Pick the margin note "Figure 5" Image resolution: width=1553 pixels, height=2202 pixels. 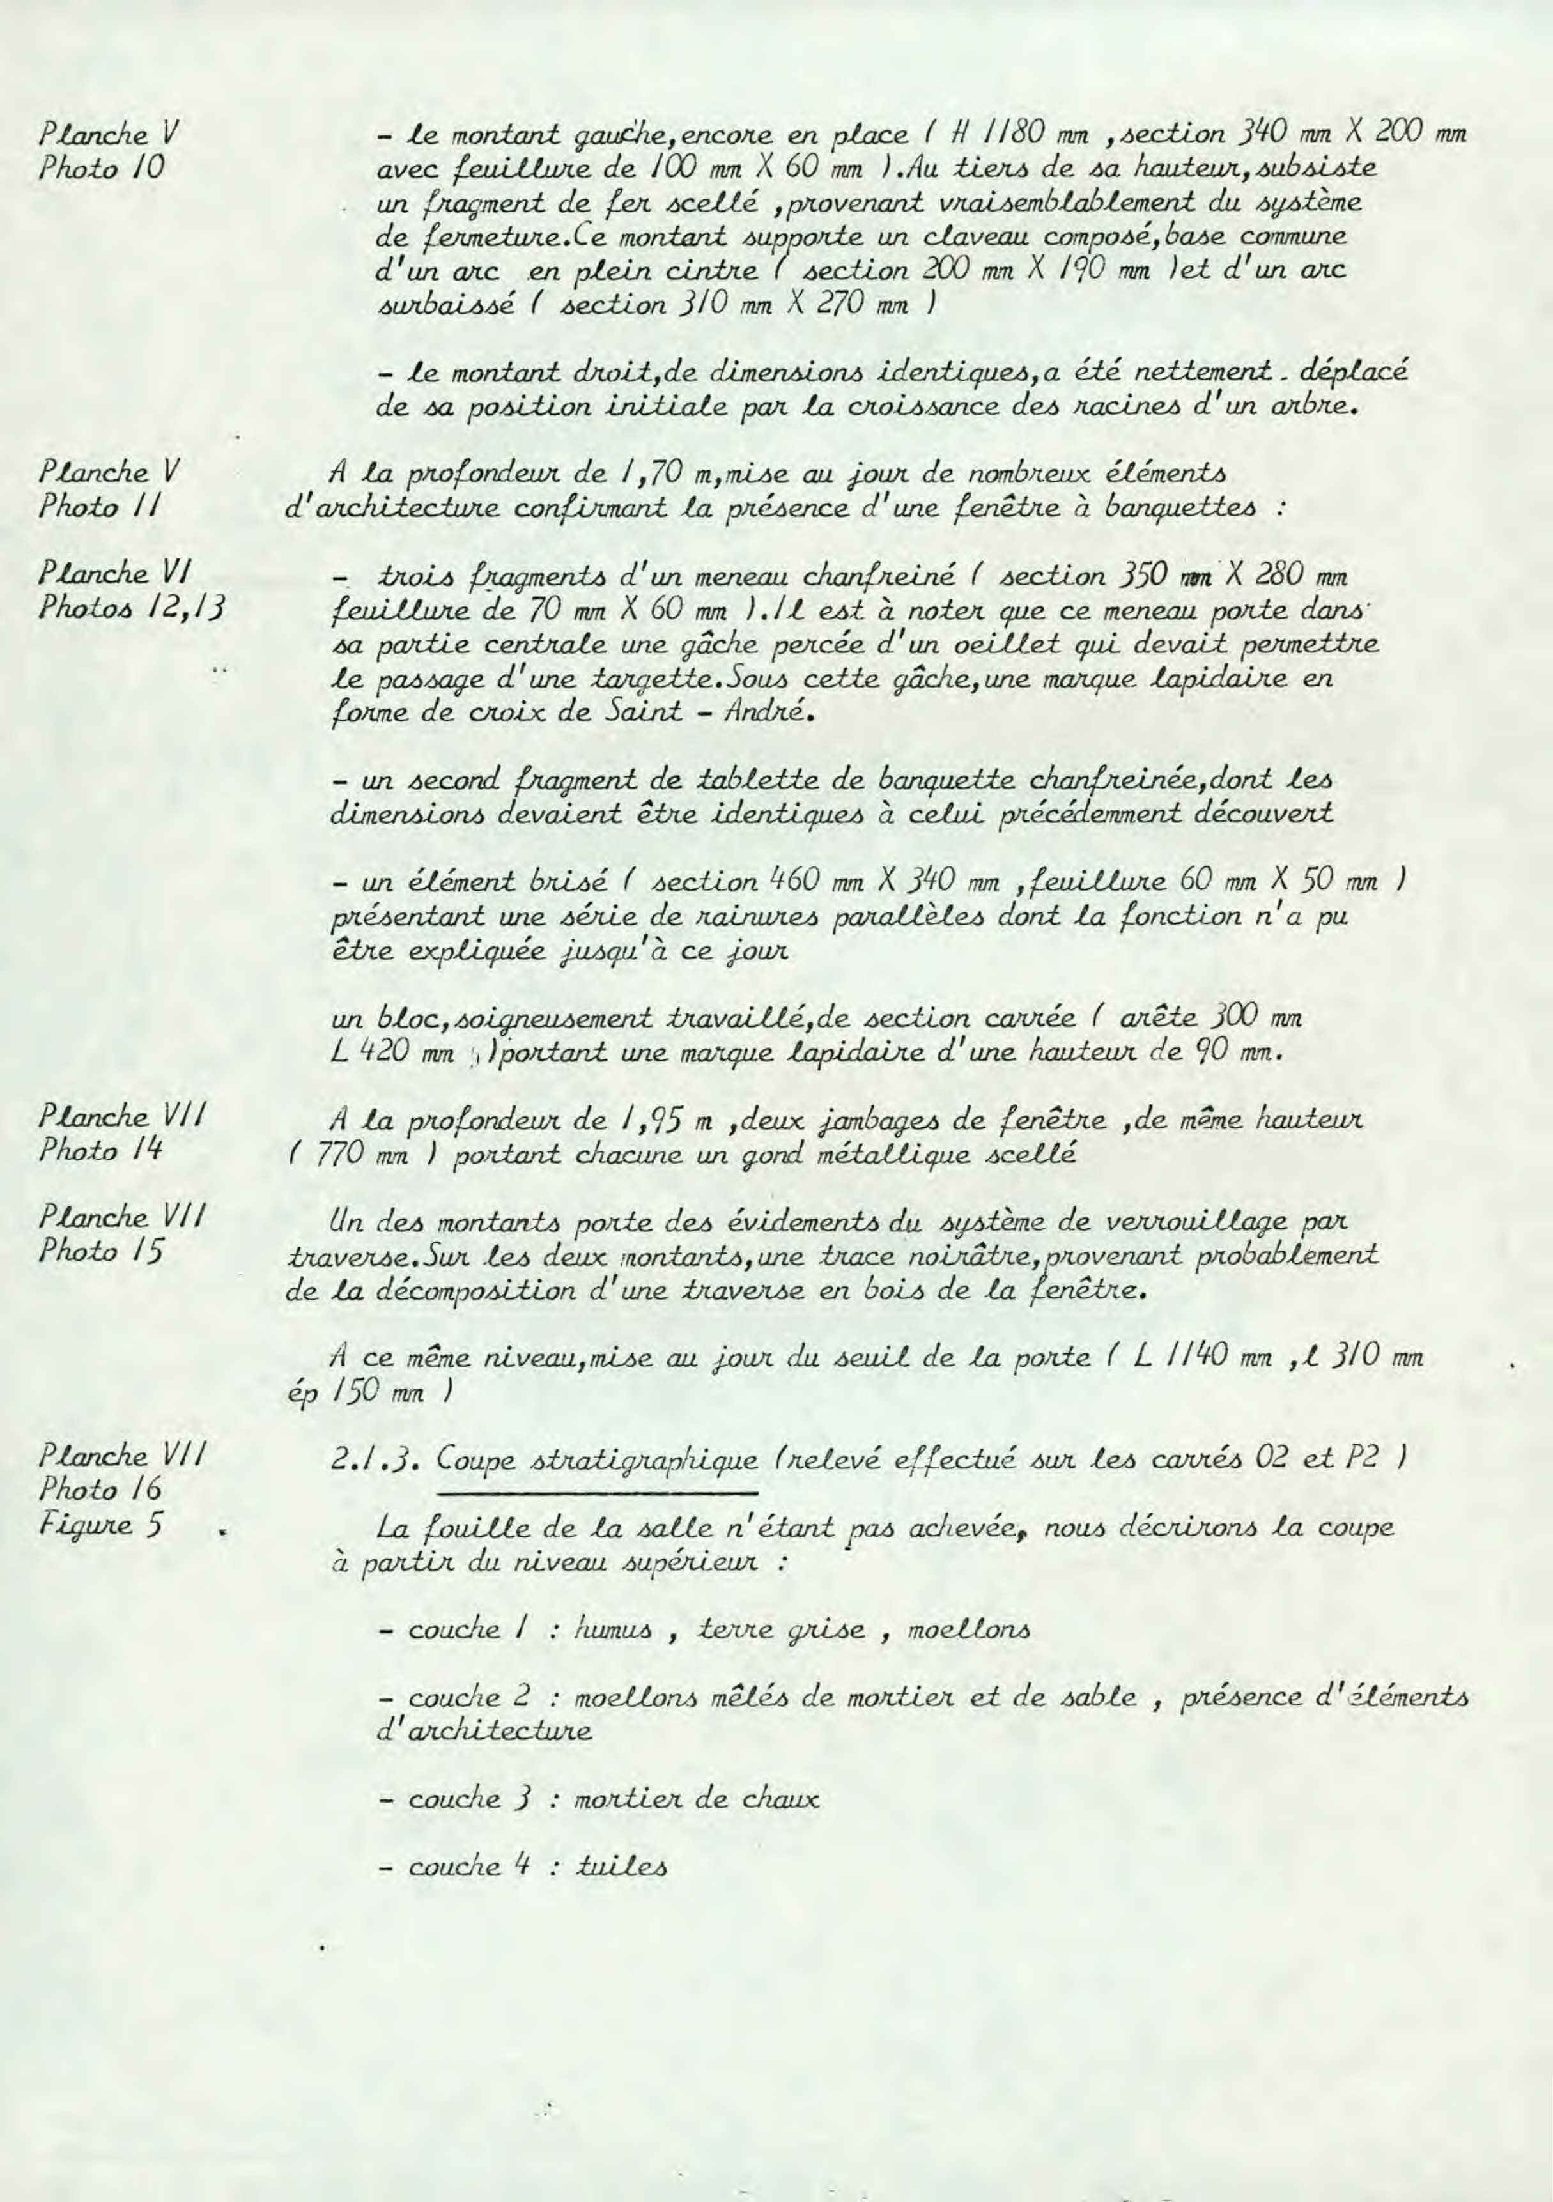[100, 1524]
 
